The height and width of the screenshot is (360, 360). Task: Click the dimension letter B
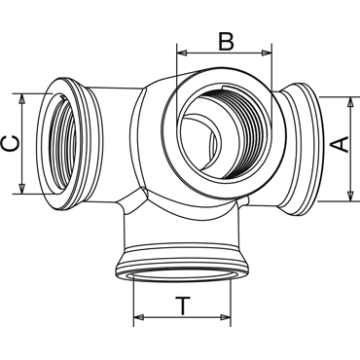point(226,42)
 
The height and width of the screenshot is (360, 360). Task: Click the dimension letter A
point(342,145)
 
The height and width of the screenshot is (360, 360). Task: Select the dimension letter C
point(10,144)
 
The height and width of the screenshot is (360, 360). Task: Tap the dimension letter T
point(183,306)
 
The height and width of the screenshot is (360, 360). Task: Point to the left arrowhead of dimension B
point(182,53)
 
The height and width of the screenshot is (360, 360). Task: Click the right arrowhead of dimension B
point(267,53)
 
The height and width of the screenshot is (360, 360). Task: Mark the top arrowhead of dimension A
point(350,102)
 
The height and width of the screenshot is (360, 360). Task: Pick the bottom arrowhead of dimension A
point(350,196)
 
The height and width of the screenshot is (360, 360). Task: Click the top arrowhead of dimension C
point(21,99)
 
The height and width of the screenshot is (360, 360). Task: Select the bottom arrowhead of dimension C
point(21,189)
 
